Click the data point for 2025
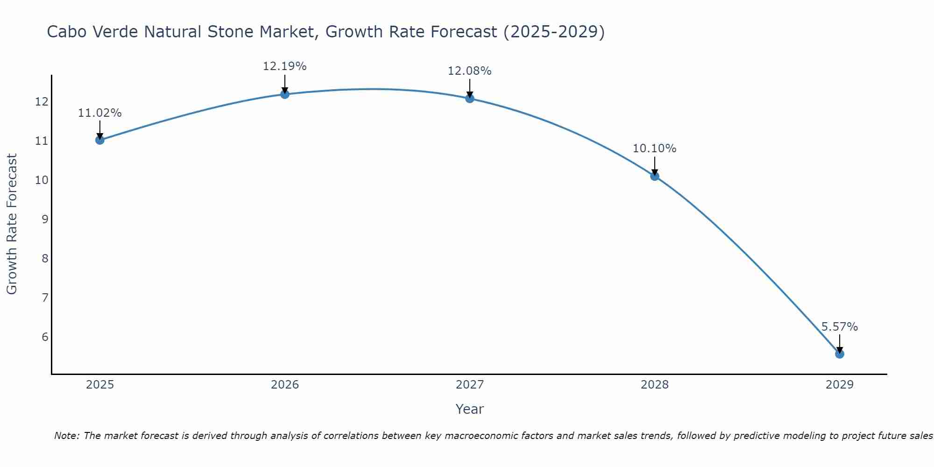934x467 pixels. pyautogui.click(x=99, y=140)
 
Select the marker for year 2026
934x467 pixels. pyautogui.click(x=284, y=94)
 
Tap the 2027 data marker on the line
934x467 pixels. pyautogui.click(x=469, y=98)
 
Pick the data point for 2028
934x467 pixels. pyautogui.click(x=654, y=176)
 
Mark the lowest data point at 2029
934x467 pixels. pyautogui.click(x=839, y=354)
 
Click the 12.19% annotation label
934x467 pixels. pyautogui.click(x=284, y=66)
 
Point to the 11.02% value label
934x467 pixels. pyautogui.click(x=99, y=113)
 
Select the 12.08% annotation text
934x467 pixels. pyautogui.click(x=469, y=71)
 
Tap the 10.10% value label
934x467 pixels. pyautogui.click(x=654, y=149)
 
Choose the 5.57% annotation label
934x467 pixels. pyautogui.click(x=839, y=327)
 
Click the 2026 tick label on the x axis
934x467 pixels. pyautogui.click(x=284, y=385)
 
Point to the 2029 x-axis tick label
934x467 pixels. pyautogui.click(x=839, y=385)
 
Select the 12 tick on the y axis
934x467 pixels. pyautogui.click(x=42, y=101)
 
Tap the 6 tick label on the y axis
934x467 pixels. pyautogui.click(x=45, y=337)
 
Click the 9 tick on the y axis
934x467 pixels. pyautogui.click(x=45, y=219)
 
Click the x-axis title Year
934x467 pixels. pyautogui.click(x=469, y=409)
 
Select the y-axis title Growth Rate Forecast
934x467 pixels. pyautogui.click(x=12, y=224)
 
